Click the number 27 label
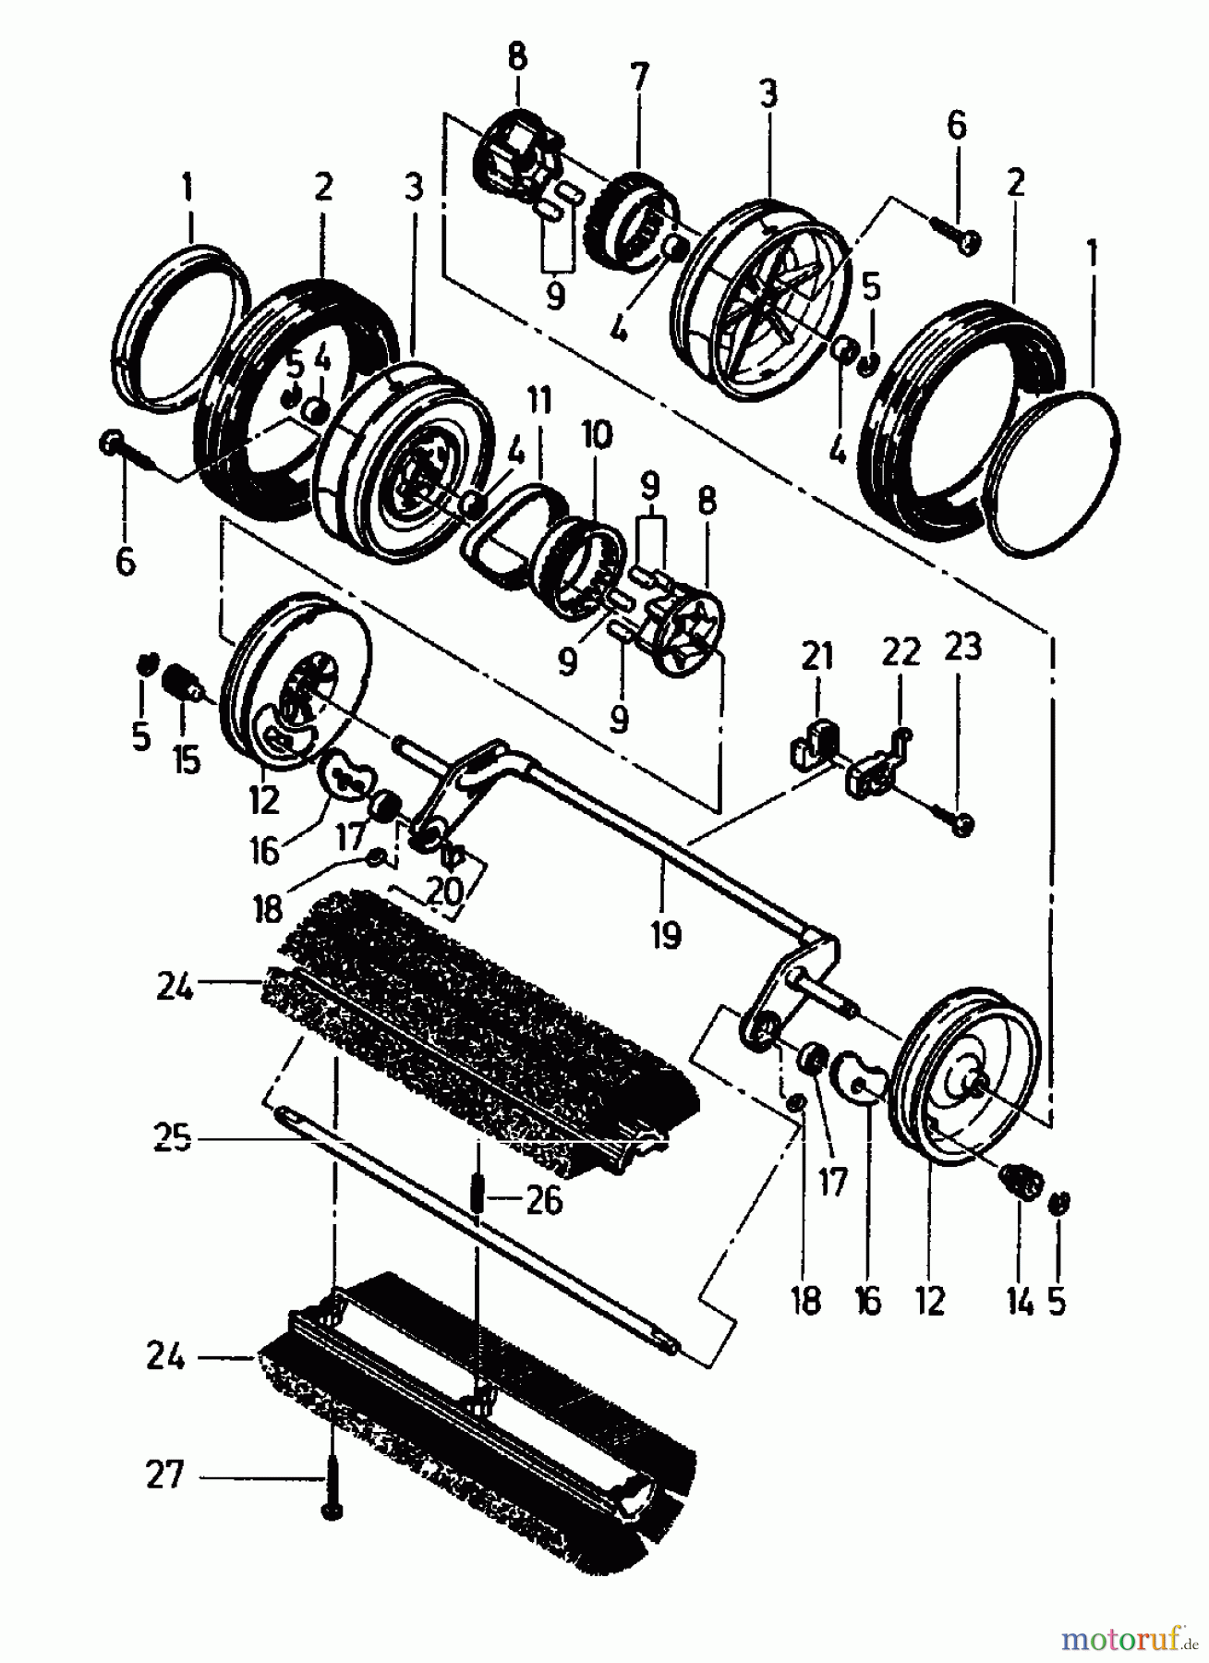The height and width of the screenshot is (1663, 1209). pos(165,1475)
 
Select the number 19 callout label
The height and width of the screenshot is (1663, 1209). pos(665,934)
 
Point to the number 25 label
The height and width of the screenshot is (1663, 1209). pos(173,1137)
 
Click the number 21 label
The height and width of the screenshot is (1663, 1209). pos(816,655)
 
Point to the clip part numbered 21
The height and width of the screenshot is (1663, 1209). pos(814,745)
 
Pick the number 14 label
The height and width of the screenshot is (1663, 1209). pos(1019,1300)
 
